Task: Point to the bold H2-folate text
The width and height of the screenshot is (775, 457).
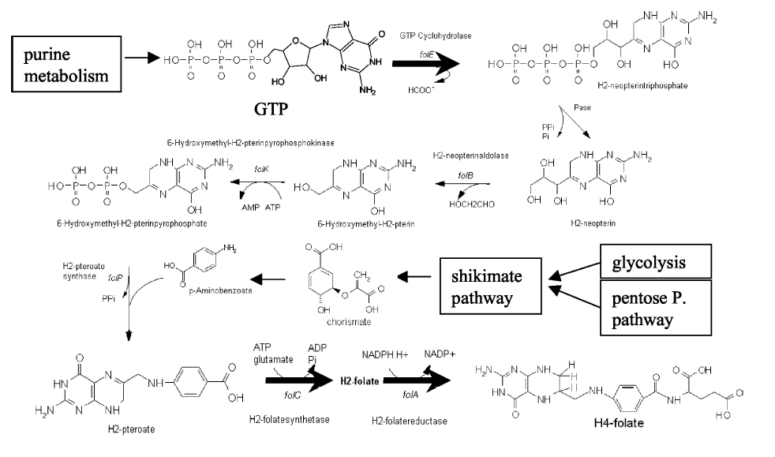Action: pyautogui.click(x=359, y=380)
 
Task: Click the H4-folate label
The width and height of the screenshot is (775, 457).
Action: pyautogui.click(x=620, y=423)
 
